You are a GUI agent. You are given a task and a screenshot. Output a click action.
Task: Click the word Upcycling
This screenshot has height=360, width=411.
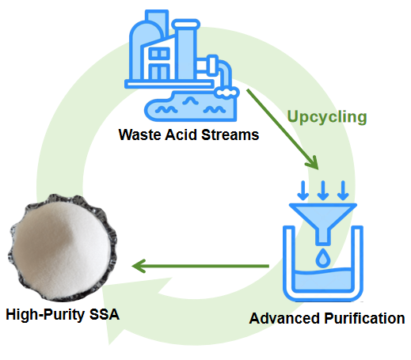point(326,117)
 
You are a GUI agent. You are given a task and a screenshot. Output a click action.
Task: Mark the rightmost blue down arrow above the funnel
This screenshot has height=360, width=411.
point(343,191)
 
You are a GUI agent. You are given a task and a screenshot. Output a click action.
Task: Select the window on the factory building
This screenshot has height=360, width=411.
point(159,55)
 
